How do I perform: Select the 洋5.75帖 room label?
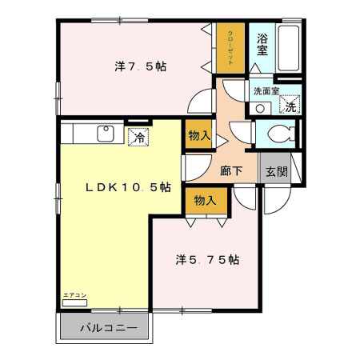click(x=208, y=259)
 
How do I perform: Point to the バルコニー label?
click(x=108, y=328)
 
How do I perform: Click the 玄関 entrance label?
click(x=277, y=171)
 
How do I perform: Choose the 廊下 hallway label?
click(x=233, y=170)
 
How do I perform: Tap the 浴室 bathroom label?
click(x=262, y=43)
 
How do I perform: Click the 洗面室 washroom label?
click(x=266, y=91)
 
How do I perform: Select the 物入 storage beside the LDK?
click(x=198, y=136)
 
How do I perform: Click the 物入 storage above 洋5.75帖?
click(x=205, y=200)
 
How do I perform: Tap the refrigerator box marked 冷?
click(x=139, y=137)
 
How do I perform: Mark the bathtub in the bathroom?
click(x=290, y=50)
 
